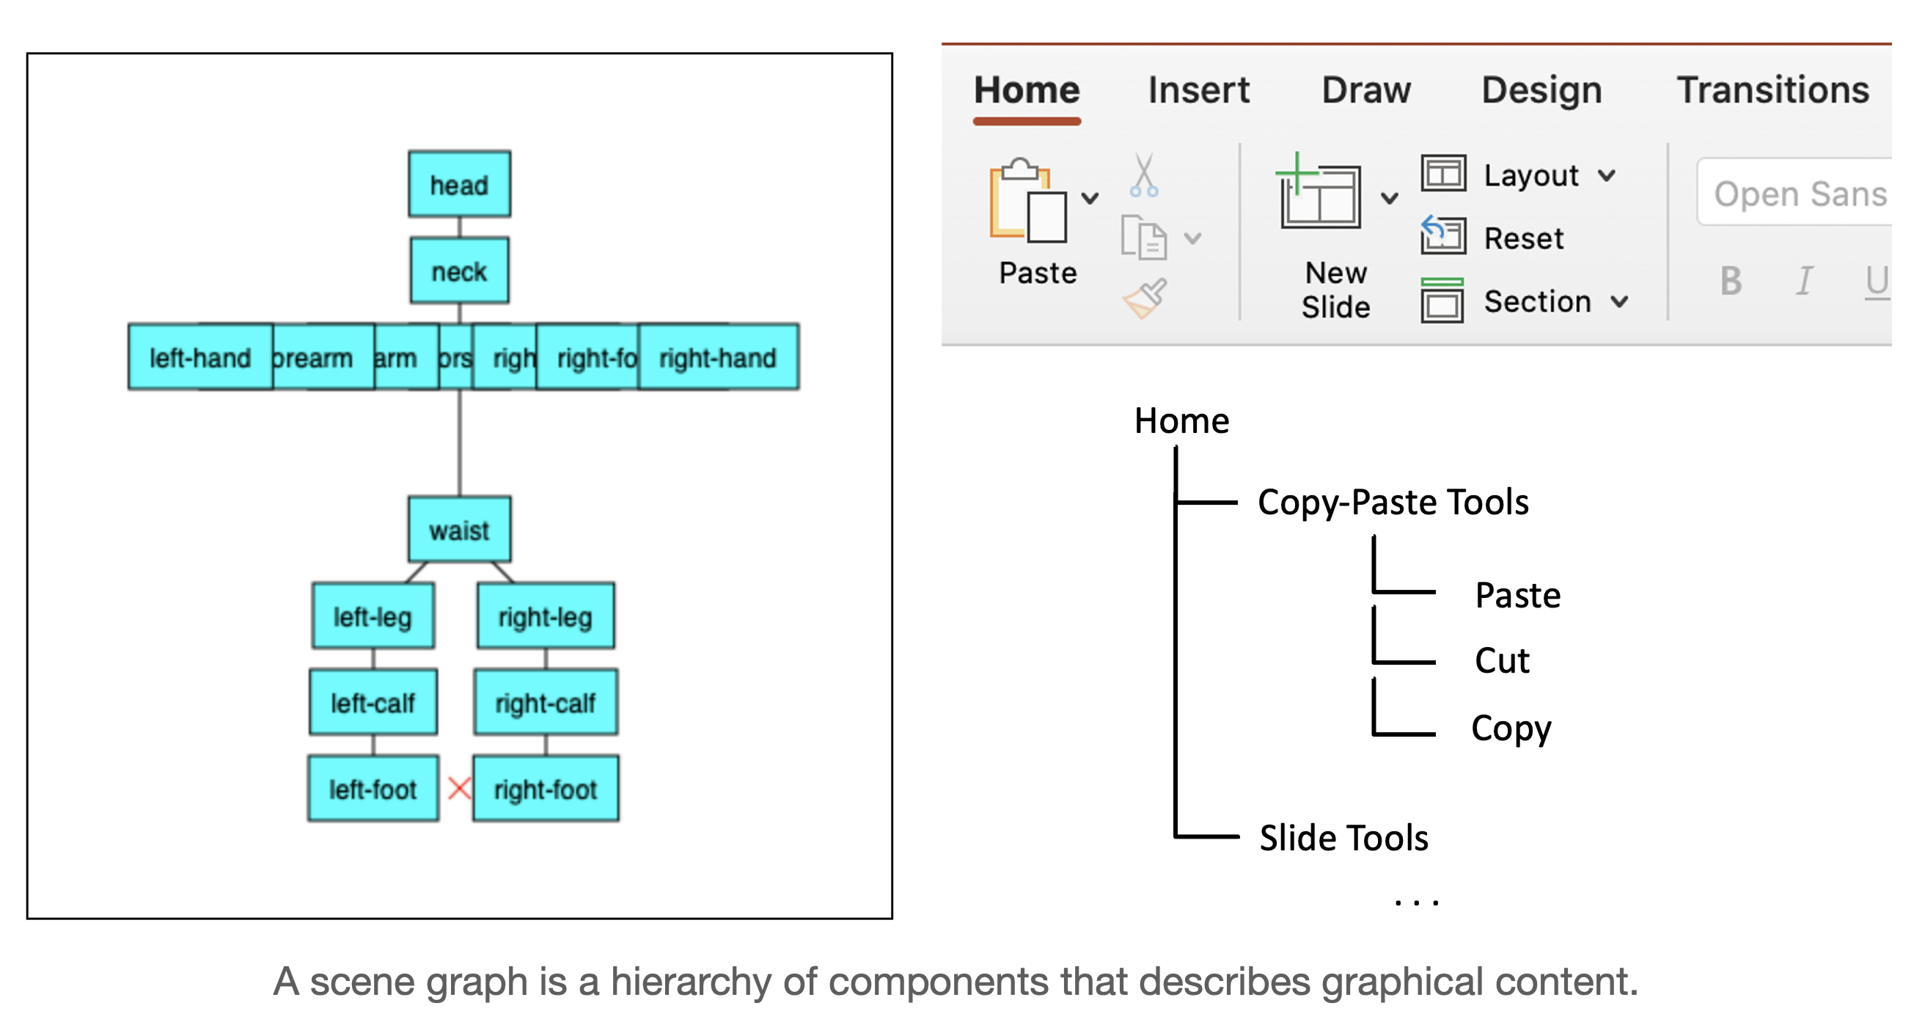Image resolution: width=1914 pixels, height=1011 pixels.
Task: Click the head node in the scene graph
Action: pyautogui.click(x=459, y=184)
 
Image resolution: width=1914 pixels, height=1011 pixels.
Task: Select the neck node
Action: pyautogui.click(x=459, y=271)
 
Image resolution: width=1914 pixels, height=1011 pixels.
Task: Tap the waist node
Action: pyautogui.click(x=459, y=529)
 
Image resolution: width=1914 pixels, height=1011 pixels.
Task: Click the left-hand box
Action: pyautogui.click(x=200, y=357)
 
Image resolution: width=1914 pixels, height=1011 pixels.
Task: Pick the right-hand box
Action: pyautogui.click(x=718, y=357)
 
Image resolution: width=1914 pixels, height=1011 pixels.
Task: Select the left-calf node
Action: pyautogui.click(x=373, y=703)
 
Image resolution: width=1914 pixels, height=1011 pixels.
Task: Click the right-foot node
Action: pyautogui.click(x=546, y=789)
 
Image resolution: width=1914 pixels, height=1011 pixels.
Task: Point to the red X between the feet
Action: pyautogui.click(x=459, y=788)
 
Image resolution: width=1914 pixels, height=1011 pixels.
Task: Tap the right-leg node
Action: pyautogui.click(x=546, y=616)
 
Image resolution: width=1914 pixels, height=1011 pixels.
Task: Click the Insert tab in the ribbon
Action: pyautogui.click(x=1198, y=91)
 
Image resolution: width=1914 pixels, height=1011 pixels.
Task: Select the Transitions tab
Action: pyautogui.click(x=1772, y=91)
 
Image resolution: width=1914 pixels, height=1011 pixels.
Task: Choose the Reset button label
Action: pyautogui.click(x=1523, y=238)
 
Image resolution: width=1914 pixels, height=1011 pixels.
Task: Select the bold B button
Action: pyautogui.click(x=1731, y=281)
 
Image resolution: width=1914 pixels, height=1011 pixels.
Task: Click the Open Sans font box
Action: pyautogui.click(x=1798, y=193)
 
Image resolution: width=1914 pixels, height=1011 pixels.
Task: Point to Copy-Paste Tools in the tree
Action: pyautogui.click(x=1393, y=503)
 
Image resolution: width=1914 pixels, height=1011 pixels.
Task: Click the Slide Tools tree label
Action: pyautogui.click(x=1343, y=838)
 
